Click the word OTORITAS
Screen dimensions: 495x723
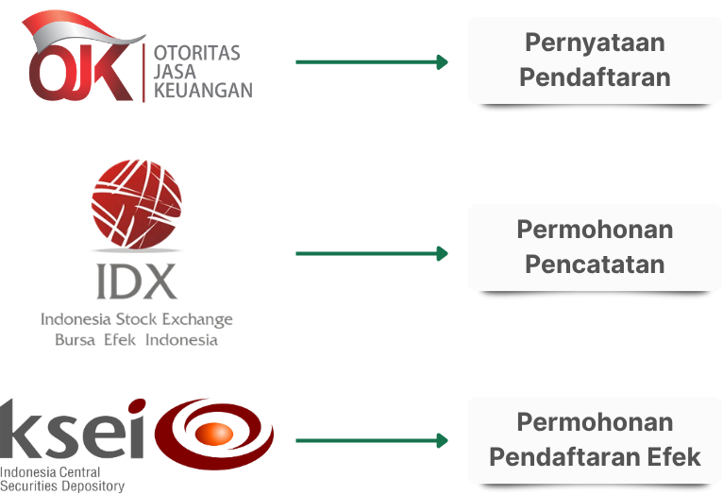point(197,53)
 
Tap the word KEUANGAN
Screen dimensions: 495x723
point(203,91)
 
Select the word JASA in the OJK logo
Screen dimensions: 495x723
point(174,72)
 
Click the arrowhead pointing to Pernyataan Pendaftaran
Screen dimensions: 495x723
point(441,62)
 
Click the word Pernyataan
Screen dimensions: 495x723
point(595,43)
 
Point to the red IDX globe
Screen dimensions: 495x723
point(136,202)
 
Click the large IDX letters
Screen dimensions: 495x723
point(136,281)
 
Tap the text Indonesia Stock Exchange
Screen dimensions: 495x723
point(136,319)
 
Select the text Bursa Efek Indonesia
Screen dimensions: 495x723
point(136,339)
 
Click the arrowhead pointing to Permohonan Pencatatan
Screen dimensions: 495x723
point(441,253)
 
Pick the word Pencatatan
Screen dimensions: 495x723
point(595,264)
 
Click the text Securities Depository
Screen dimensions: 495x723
point(62,486)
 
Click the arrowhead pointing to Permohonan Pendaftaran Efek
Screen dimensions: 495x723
point(441,440)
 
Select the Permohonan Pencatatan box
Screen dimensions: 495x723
point(595,247)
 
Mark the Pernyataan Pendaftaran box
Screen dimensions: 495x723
point(595,60)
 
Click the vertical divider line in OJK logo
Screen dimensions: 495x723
point(144,72)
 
